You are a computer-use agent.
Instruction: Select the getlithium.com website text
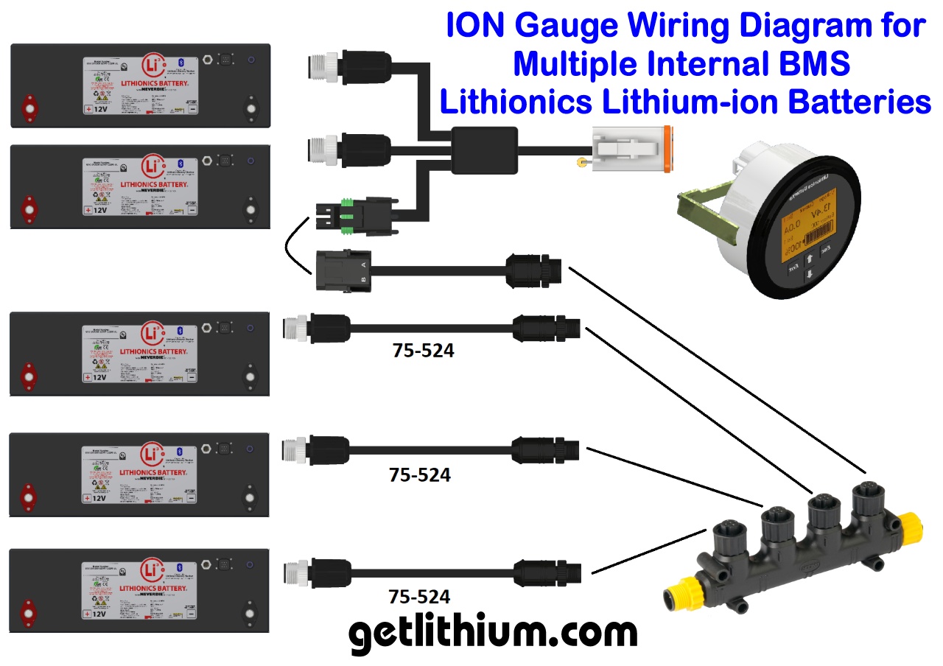(x=492, y=633)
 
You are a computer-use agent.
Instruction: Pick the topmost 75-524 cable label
(x=424, y=351)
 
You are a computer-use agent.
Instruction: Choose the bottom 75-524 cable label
(x=420, y=596)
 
